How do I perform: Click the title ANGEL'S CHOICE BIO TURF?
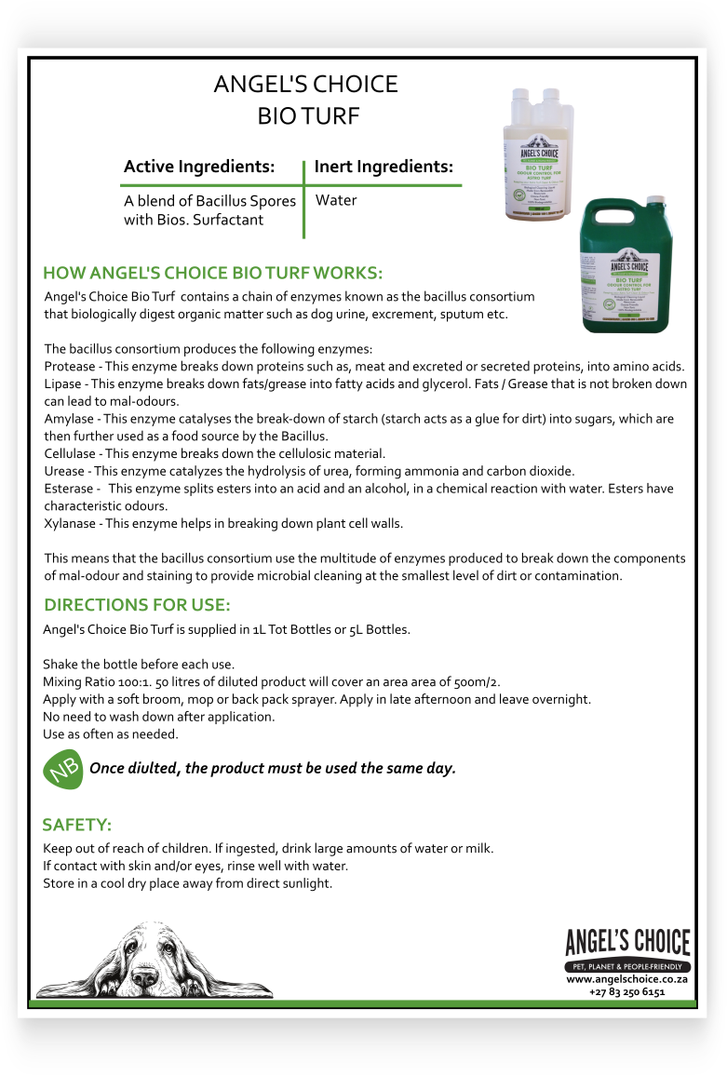click(305, 100)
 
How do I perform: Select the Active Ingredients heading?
click(199, 168)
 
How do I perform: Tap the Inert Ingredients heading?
click(384, 168)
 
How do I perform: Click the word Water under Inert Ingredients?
click(336, 200)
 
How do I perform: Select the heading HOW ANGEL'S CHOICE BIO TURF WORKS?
click(213, 274)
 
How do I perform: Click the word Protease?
click(70, 367)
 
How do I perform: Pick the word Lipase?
click(63, 384)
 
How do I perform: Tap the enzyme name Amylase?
click(69, 420)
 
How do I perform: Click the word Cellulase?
click(70, 454)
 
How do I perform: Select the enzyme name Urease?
click(65, 471)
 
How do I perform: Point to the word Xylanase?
click(70, 524)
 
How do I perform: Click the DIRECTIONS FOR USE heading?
click(137, 604)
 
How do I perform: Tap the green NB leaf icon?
click(63, 771)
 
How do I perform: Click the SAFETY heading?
click(77, 826)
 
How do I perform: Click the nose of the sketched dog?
click(145, 977)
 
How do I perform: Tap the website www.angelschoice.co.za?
click(626, 980)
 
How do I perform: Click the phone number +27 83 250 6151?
click(626, 992)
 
